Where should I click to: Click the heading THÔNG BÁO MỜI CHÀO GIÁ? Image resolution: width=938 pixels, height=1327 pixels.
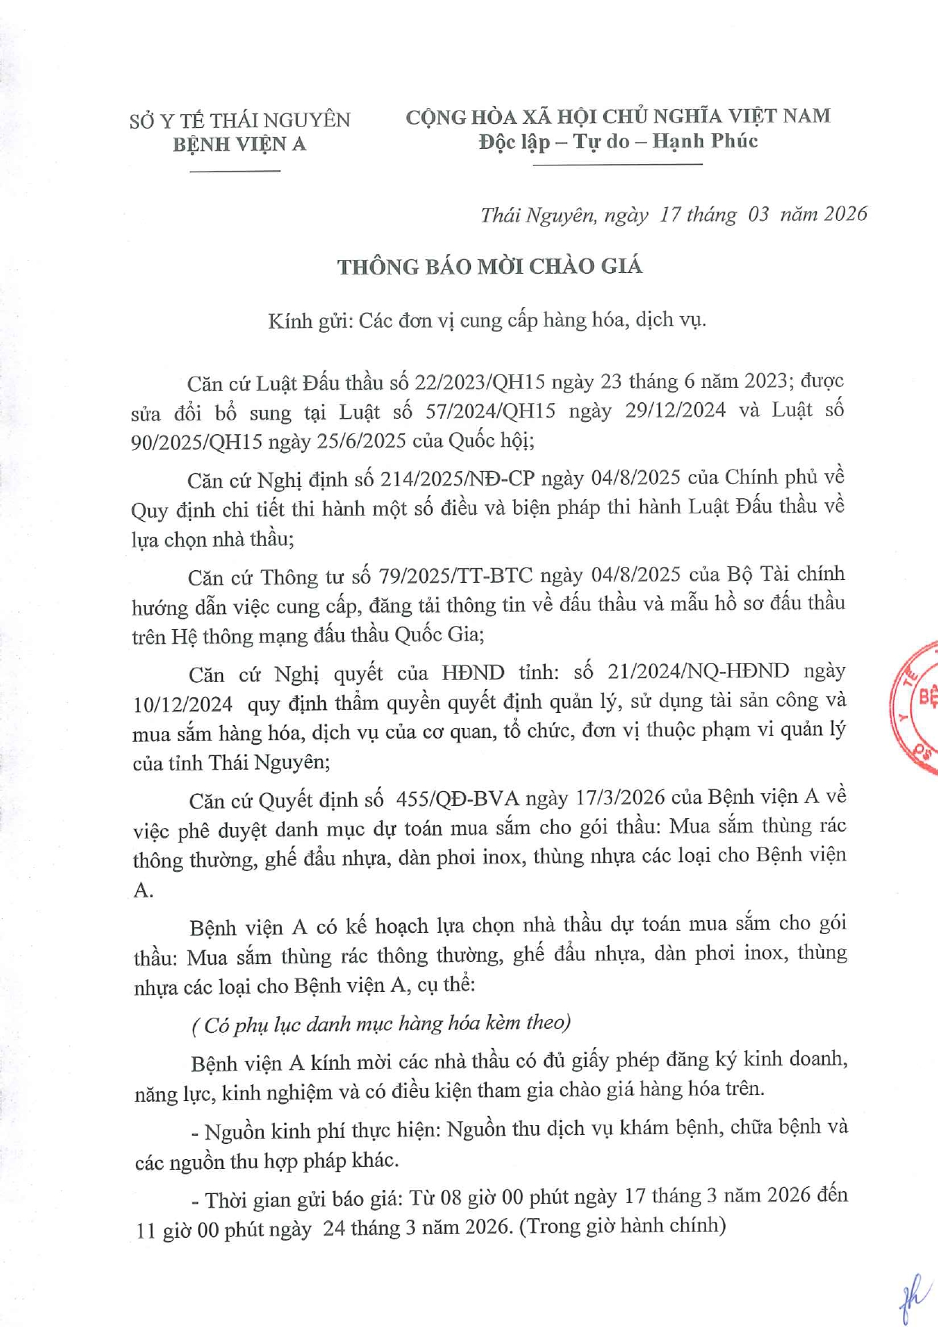[489, 267]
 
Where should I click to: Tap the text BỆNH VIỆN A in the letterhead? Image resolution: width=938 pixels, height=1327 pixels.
[239, 144]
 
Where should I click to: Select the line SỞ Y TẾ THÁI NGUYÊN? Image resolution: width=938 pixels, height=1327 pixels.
[240, 120]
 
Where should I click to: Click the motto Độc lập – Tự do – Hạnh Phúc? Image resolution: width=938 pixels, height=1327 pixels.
[618, 141]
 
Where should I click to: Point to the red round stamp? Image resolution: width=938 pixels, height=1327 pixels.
[916, 707]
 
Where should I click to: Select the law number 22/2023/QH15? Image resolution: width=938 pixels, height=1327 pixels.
[479, 382]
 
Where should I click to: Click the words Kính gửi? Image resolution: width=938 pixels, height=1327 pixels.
[309, 321]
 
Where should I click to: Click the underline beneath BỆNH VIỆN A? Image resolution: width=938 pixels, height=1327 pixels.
[234, 171]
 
